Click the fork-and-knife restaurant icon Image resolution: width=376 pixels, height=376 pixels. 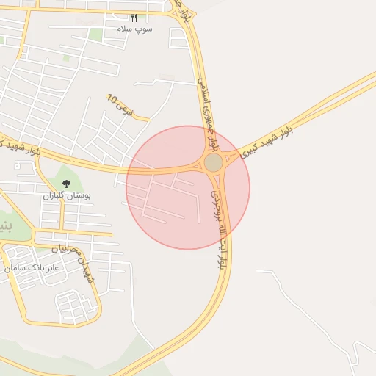(x=134, y=18)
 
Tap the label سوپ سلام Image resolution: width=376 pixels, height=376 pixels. (x=134, y=28)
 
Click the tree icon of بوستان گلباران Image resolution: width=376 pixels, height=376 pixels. (x=66, y=184)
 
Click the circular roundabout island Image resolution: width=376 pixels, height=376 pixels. (x=213, y=162)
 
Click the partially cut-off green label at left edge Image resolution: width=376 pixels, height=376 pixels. (x=6, y=223)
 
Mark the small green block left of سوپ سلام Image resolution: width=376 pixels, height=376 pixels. (x=95, y=35)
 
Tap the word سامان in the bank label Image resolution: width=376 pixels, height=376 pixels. (x=15, y=269)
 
